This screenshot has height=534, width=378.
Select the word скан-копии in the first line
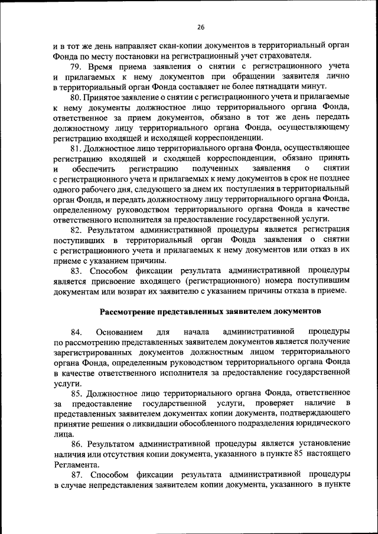point(150,45)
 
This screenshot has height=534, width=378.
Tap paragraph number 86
point(77,445)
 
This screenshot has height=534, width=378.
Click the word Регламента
point(77,466)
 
